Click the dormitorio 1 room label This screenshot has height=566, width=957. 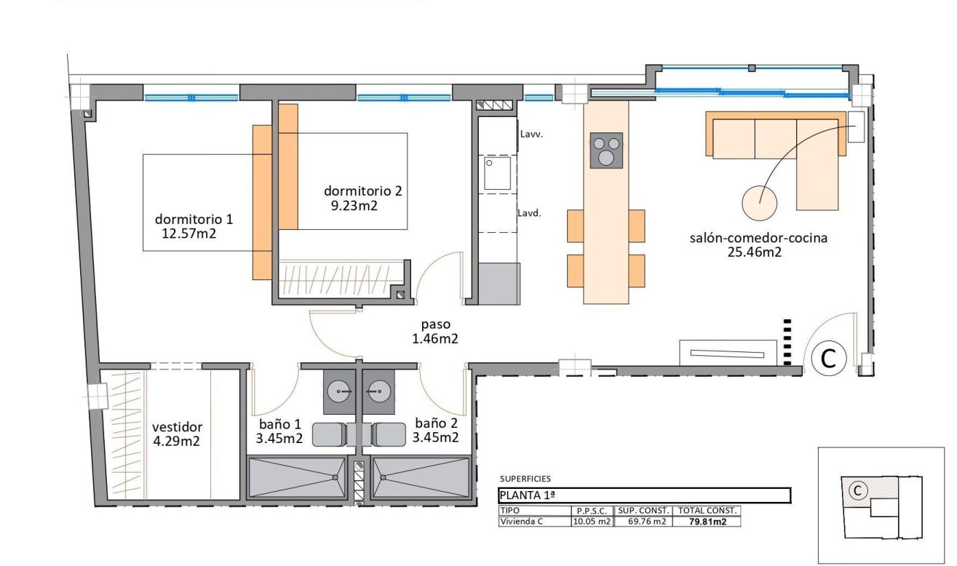point(194,219)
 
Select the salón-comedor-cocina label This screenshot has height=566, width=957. point(758,238)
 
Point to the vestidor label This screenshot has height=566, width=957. point(177,427)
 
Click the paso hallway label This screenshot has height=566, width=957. point(436,324)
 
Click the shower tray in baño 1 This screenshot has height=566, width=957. point(295,477)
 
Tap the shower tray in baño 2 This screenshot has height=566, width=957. point(421,477)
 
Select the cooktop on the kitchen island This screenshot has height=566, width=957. point(605,151)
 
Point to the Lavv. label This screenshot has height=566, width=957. point(531,135)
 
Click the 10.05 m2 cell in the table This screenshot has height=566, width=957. point(591,522)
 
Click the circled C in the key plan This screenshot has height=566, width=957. point(857,491)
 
